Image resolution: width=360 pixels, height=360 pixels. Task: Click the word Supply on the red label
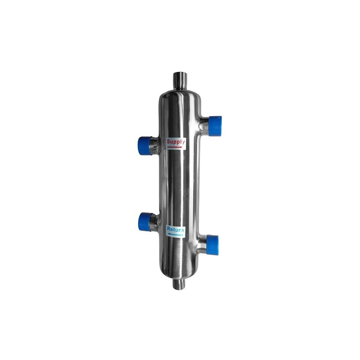175,142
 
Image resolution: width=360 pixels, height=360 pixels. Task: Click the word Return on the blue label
175,229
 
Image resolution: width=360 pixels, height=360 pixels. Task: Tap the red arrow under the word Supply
175,147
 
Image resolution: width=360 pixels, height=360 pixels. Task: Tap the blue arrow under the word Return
175,235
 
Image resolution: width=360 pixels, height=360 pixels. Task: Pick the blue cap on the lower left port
144,222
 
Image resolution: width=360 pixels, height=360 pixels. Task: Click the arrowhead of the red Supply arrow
182,147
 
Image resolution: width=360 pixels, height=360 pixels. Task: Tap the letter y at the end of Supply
183,143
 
